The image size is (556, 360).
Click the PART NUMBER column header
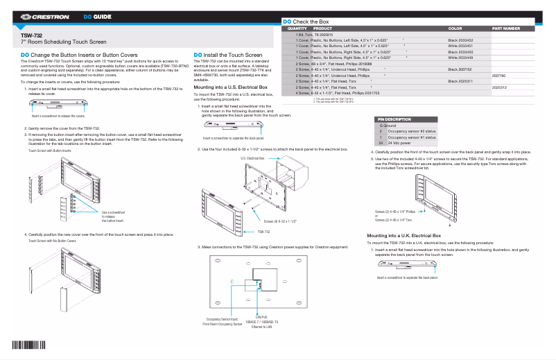(505, 28)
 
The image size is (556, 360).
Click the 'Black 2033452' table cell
(460, 40)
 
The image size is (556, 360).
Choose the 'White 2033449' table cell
(460, 58)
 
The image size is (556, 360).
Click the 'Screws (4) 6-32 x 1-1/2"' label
(280, 221)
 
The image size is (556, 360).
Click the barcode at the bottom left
(24, 346)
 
